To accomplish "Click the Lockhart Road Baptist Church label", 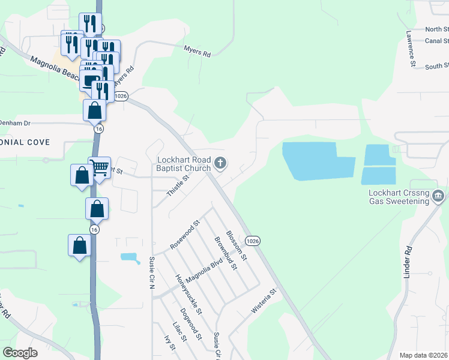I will [184, 164].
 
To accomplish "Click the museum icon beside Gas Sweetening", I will [439, 196].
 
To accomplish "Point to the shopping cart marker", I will [99, 167].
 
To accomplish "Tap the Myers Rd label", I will [197, 53].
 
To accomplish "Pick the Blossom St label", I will [237, 245].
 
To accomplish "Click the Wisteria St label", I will [264, 304].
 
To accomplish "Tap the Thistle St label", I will [178, 186].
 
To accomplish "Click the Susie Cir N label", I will [151, 272].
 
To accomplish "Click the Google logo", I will [20, 353].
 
